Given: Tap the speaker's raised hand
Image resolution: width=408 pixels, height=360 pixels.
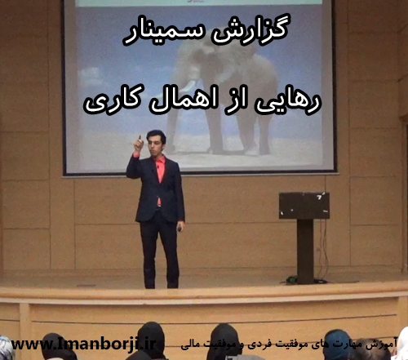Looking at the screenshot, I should tap(138, 150).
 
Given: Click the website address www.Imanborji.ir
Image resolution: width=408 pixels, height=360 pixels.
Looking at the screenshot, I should tap(78, 344).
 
